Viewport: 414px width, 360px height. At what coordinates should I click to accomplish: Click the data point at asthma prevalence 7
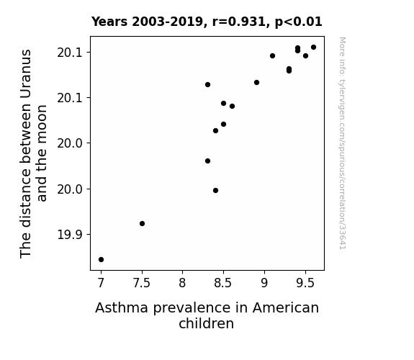(101, 259)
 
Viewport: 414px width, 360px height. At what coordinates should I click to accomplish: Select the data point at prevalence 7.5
(142, 223)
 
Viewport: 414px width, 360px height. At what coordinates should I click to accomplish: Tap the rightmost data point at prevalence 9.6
(313, 48)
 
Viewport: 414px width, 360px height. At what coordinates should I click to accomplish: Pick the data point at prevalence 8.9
(256, 82)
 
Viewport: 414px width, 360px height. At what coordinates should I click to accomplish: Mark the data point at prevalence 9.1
(272, 55)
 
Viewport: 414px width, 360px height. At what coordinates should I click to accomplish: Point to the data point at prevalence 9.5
(305, 55)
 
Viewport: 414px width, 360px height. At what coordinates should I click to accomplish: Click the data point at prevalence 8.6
(232, 106)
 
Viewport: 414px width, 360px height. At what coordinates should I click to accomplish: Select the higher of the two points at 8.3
(207, 84)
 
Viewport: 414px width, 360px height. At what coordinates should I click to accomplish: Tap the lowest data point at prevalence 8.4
(215, 190)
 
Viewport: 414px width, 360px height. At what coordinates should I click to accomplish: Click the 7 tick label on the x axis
(101, 283)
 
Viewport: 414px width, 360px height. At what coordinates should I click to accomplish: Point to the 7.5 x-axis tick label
(142, 283)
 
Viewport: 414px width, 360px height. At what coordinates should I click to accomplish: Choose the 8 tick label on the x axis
(182, 283)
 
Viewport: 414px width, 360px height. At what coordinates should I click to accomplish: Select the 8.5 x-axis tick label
(223, 283)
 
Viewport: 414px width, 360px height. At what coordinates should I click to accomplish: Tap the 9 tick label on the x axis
(264, 283)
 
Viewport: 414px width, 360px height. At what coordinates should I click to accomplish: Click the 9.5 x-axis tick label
(305, 283)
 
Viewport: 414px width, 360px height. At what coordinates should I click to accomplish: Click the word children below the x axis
(206, 323)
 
